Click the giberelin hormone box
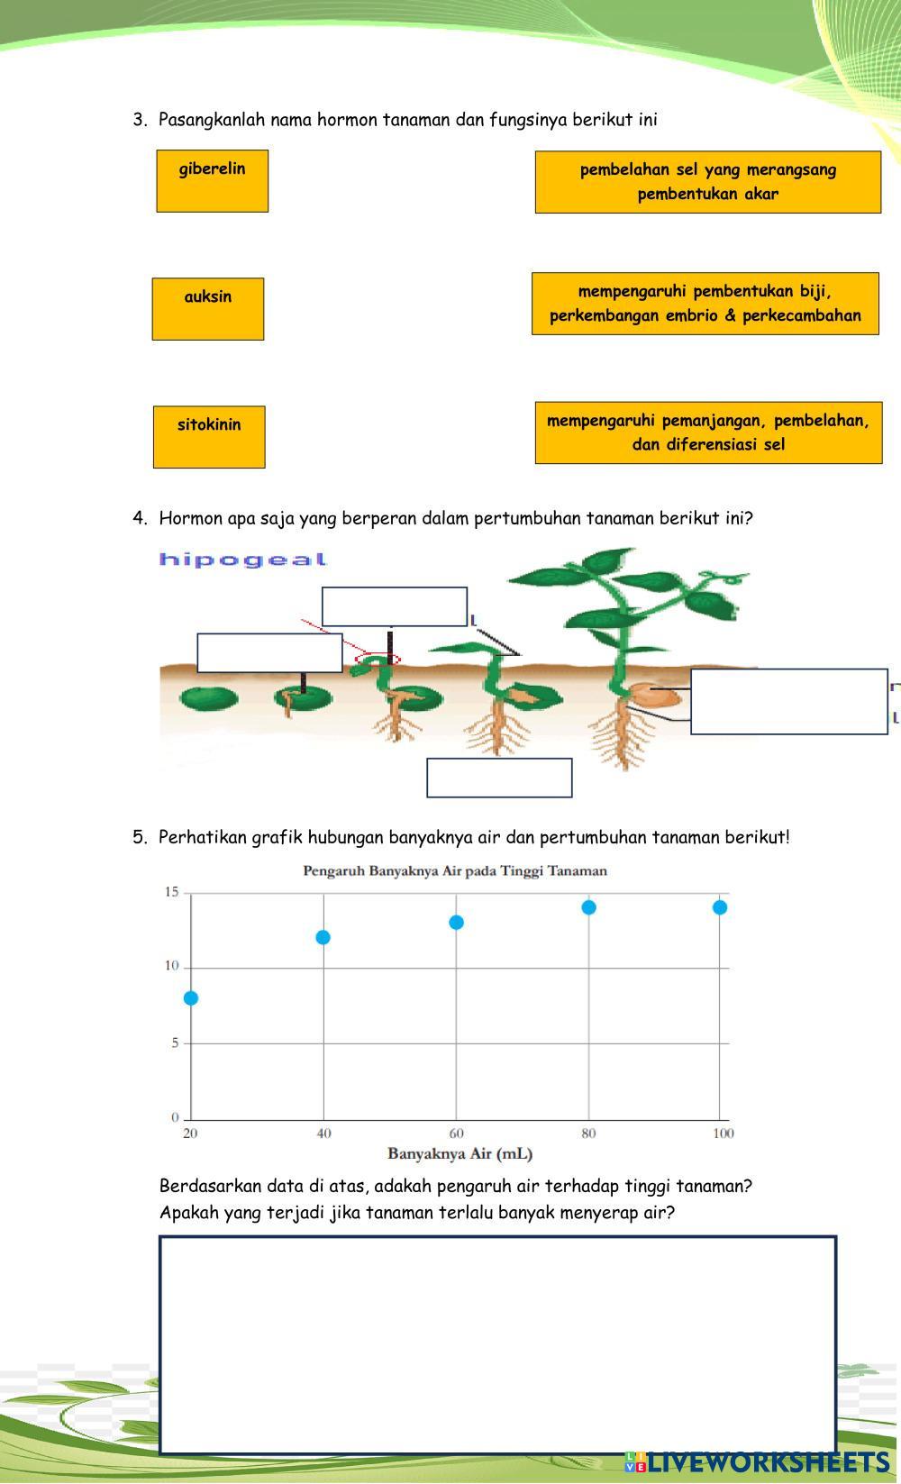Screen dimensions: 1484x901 [212, 181]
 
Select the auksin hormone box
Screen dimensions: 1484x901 [207, 309]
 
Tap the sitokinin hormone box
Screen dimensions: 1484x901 [209, 437]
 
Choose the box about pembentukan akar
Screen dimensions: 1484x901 [707, 182]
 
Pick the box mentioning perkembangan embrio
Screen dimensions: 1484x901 [705, 304]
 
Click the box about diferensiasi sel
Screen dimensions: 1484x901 [708, 432]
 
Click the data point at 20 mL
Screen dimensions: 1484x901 [191, 998]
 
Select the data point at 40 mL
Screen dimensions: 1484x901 [323, 938]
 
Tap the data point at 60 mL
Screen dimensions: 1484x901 [456, 923]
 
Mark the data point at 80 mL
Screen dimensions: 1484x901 [588, 907]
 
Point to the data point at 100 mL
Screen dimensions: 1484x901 [720, 907]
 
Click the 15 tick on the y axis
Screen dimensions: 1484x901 [171, 892]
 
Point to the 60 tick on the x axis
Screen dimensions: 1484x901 [456, 1133]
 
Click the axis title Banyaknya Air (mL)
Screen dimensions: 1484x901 [460, 1153]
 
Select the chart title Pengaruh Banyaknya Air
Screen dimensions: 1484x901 [455, 871]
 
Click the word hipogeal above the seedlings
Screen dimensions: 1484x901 [242, 560]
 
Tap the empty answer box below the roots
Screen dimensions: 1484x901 [499, 778]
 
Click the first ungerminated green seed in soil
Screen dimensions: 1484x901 [208, 697]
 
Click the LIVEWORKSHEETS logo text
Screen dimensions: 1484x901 [767, 1461]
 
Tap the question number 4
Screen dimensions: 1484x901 [139, 518]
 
